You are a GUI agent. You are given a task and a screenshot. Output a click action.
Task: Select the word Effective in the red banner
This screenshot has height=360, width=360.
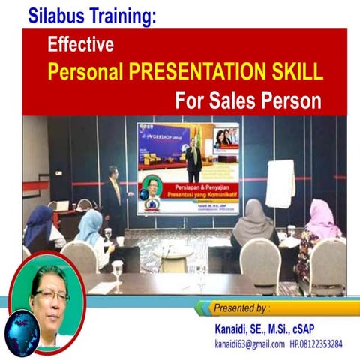pyautogui.click(x=80, y=45)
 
